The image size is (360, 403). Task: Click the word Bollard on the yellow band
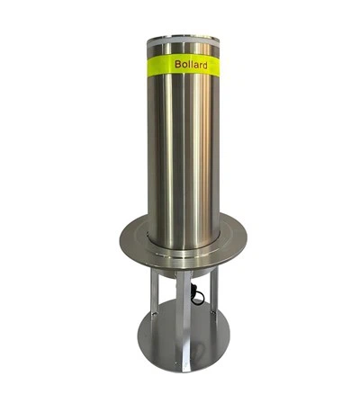[190, 66]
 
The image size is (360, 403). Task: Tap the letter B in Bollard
[176, 66]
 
